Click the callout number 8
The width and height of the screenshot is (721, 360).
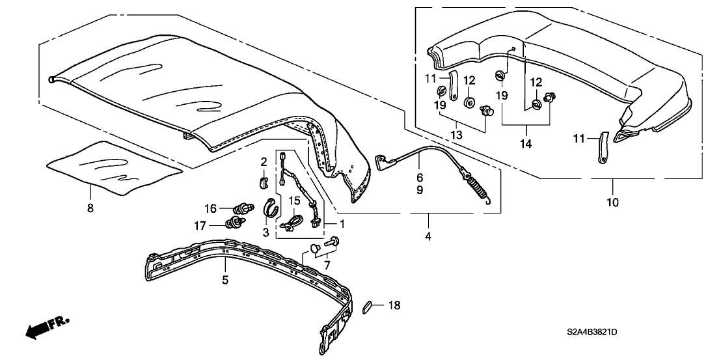pyautogui.click(x=90, y=208)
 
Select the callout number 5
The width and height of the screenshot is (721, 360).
pyautogui.click(x=225, y=281)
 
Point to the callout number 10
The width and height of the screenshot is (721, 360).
pyautogui.click(x=612, y=202)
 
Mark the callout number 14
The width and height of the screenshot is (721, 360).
pyautogui.click(x=525, y=143)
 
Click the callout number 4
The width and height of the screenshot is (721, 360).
pyautogui.click(x=428, y=235)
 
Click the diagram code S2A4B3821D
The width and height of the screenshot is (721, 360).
pyautogui.click(x=590, y=333)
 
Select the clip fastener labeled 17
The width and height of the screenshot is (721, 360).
pyautogui.click(x=233, y=225)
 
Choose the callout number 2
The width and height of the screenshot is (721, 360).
pyautogui.click(x=264, y=161)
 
